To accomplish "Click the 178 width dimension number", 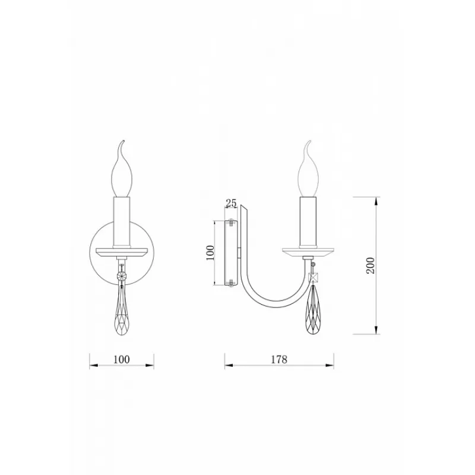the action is click(x=278, y=359).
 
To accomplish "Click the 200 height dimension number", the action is click(x=370, y=265).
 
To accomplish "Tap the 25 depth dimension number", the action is click(x=231, y=203).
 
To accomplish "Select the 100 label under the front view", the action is click(x=122, y=359).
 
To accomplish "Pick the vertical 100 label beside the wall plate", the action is click(x=210, y=253).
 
